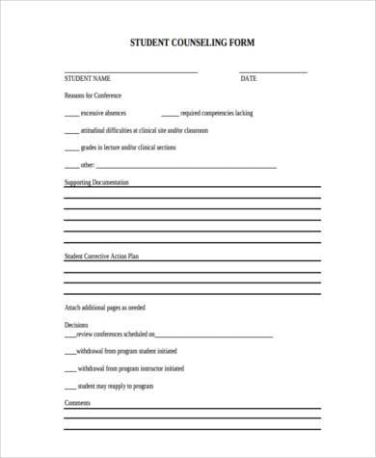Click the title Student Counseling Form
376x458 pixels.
pyautogui.click(x=193, y=44)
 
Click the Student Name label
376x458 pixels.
pyautogui.click(x=88, y=78)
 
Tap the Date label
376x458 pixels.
pyautogui.click(x=249, y=78)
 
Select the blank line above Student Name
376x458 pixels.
pyautogui.click(x=130, y=72)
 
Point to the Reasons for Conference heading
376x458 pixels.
pyautogui.click(x=94, y=95)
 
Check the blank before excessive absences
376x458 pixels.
pyautogui.click(x=71, y=115)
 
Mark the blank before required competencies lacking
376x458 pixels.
pyautogui.click(x=169, y=115)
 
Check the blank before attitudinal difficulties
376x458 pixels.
pyautogui.click(x=71, y=131)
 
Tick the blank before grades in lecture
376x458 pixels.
pyautogui.click(x=71, y=148)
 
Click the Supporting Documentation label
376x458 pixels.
pyautogui.click(x=95, y=181)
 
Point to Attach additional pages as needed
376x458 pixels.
pyautogui.click(x=104, y=307)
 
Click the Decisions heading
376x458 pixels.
pyautogui.click(x=76, y=325)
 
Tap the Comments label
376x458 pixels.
pyautogui.click(x=77, y=402)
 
